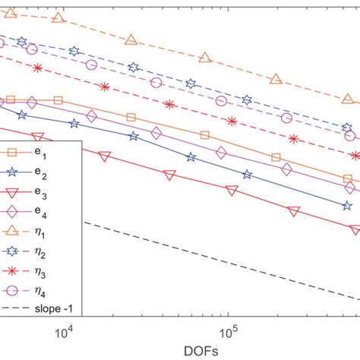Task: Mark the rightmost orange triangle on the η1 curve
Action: (x=349, y=99)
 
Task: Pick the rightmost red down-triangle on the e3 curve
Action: (x=355, y=229)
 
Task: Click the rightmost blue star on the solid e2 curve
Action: (x=347, y=206)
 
